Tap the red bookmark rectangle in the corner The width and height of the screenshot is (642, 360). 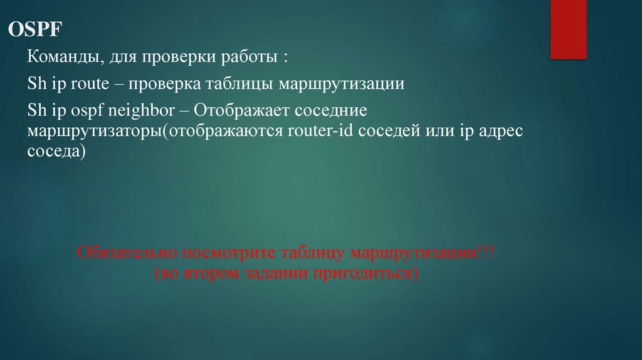pyautogui.click(x=568, y=29)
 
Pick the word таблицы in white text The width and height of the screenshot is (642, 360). pyautogui.click(x=241, y=85)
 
